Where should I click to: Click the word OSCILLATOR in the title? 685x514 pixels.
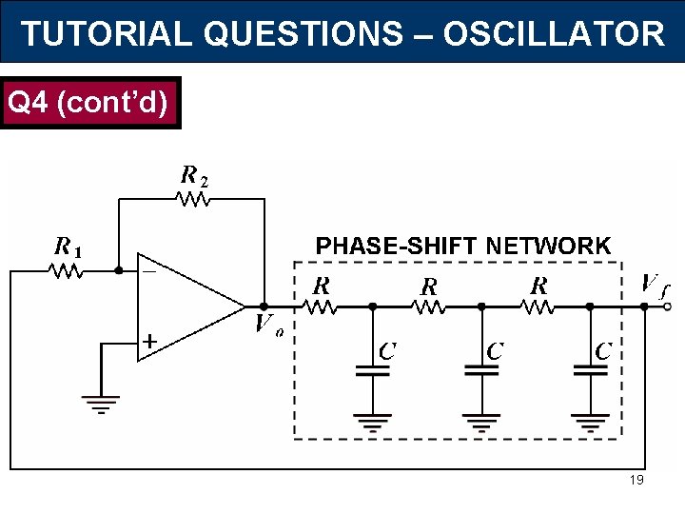click(554, 33)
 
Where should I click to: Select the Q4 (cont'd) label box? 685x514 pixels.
click(90, 102)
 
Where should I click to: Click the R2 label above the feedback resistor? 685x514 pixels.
click(193, 176)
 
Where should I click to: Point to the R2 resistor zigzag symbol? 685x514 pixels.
click(193, 200)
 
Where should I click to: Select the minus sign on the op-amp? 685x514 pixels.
click(149, 271)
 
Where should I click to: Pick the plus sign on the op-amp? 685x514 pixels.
click(149, 340)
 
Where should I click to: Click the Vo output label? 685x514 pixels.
click(267, 326)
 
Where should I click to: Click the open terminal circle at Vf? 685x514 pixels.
click(668, 306)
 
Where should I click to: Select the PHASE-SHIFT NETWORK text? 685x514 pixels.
click(463, 246)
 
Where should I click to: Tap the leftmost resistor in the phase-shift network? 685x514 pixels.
click(321, 306)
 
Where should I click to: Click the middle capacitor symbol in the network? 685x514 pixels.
click(481, 371)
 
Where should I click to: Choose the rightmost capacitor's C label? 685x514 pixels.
click(602, 351)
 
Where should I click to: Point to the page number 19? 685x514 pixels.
click(636, 480)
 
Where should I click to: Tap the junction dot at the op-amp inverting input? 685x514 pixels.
click(118, 270)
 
